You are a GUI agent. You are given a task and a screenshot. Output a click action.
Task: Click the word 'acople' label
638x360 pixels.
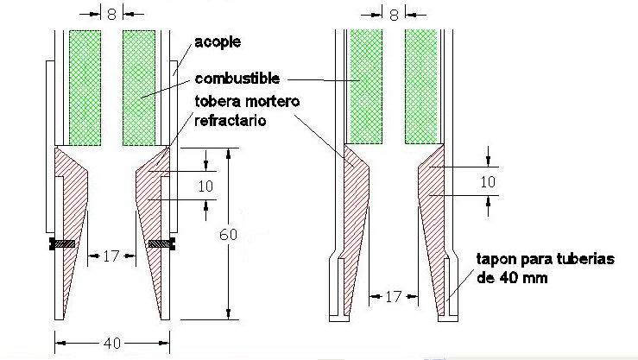tap(218, 42)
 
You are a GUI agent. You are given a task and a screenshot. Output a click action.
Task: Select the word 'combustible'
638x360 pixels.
tap(237, 78)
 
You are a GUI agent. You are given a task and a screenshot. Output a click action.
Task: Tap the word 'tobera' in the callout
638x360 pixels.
tap(218, 101)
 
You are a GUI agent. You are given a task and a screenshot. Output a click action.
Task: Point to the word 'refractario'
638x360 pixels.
tap(231, 120)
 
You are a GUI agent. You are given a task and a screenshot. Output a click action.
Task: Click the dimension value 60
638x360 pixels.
tap(228, 235)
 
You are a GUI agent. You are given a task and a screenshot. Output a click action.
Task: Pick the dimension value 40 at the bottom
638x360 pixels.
tap(112, 344)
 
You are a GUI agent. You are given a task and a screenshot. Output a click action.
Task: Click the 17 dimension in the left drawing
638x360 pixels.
tap(111, 256)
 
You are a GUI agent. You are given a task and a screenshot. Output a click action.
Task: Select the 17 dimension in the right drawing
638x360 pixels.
tap(393, 296)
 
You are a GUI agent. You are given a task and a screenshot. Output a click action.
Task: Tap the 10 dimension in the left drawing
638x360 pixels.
tap(205, 186)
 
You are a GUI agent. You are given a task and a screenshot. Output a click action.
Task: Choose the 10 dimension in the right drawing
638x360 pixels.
tap(488, 181)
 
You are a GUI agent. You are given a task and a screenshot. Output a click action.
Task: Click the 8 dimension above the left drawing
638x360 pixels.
tap(111, 14)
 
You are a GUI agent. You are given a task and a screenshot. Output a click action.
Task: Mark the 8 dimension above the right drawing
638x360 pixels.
tap(394, 15)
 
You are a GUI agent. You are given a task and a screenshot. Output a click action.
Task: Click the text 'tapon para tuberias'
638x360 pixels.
tap(546, 259)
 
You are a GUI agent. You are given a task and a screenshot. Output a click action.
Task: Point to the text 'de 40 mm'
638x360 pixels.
tap(512, 278)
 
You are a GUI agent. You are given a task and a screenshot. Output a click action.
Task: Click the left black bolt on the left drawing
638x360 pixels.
tap(62, 243)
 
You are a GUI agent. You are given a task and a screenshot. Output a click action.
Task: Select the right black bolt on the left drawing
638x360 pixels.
tap(162, 243)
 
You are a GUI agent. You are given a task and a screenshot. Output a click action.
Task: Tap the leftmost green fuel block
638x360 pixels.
tap(85, 88)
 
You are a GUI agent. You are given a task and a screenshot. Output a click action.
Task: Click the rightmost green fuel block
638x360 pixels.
tap(421, 86)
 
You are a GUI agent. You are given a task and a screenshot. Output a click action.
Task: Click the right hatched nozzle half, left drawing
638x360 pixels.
tap(154, 228)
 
